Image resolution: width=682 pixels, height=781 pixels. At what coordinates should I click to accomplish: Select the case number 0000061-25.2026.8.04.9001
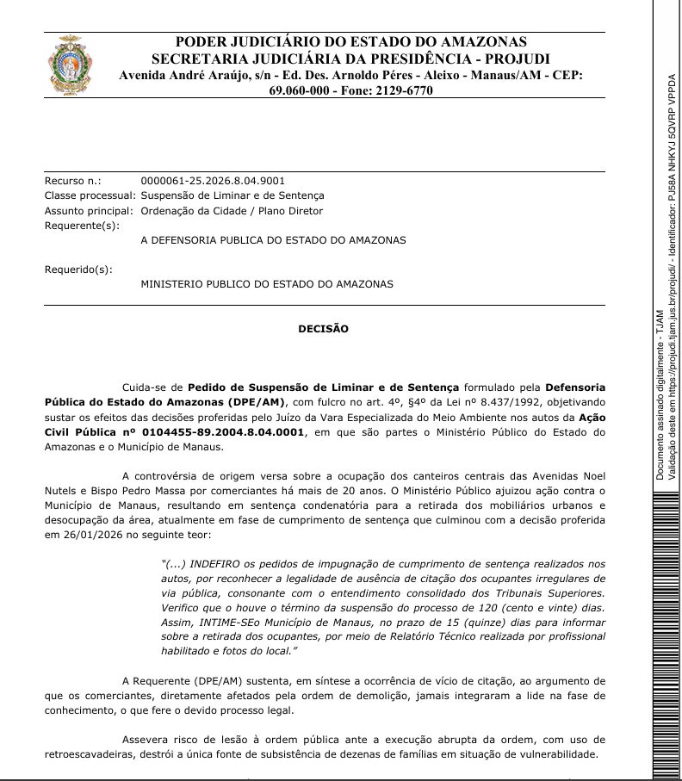(212, 181)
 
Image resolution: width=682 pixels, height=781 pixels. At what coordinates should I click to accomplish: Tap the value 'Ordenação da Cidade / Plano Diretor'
(232, 210)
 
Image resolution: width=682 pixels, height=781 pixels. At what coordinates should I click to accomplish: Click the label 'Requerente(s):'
(82, 225)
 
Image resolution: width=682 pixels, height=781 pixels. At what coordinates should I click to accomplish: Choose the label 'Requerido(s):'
(78, 269)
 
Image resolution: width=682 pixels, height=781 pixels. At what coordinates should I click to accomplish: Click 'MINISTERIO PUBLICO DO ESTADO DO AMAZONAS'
(266, 283)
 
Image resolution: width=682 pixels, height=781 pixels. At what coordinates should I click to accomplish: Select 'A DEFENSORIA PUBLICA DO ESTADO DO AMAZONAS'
(273, 239)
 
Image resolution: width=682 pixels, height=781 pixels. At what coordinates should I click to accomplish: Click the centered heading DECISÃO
(324, 328)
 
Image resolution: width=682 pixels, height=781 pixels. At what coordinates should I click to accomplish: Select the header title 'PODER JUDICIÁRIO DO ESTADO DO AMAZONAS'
(351, 41)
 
